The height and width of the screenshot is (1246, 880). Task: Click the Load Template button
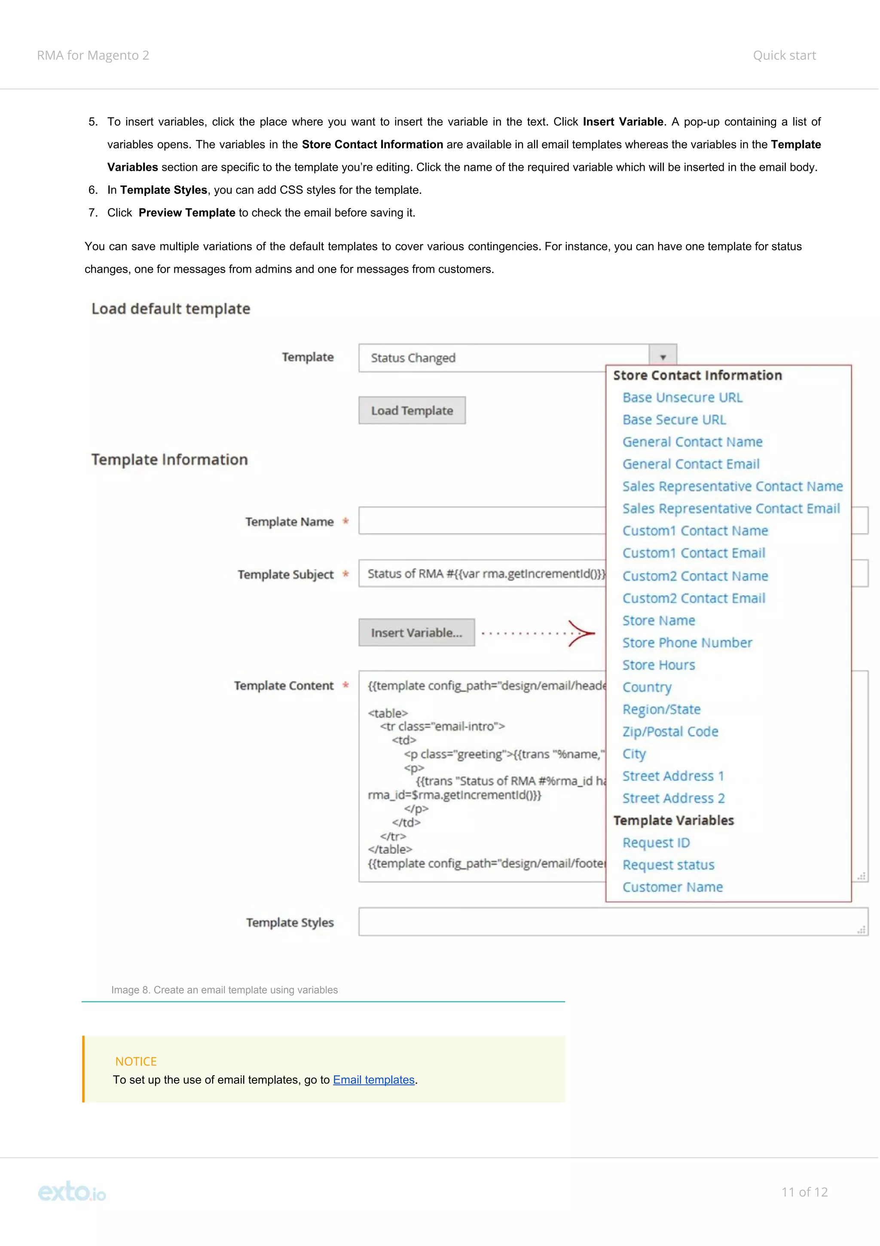point(412,411)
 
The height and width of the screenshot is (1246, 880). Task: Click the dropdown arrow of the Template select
point(663,357)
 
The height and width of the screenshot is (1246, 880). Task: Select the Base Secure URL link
point(674,420)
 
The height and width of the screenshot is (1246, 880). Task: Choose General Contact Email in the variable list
point(691,464)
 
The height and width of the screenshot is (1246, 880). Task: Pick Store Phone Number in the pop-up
point(687,643)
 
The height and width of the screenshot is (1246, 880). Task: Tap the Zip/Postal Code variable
point(670,732)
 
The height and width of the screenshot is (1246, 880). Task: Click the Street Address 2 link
point(673,798)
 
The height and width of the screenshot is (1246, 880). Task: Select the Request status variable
point(668,865)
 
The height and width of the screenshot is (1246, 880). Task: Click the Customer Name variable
point(672,887)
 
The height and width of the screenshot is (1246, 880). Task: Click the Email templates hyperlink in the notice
point(373,1080)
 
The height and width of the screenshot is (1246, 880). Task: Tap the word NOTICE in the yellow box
point(135,1062)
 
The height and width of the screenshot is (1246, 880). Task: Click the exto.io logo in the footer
point(72,1192)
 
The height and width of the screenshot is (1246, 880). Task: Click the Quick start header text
point(784,55)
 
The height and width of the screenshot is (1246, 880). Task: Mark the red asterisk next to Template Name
point(345,522)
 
